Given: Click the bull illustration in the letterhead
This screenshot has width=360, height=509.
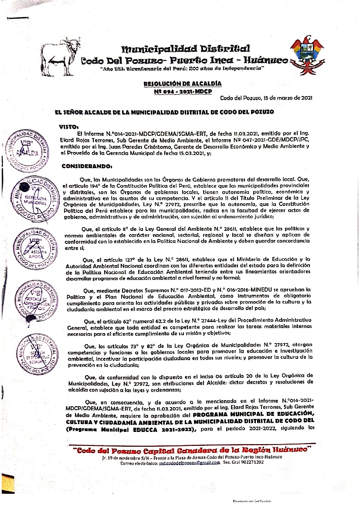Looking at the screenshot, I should pos(61,54).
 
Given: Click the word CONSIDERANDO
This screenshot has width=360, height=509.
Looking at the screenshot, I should pos(87,166).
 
